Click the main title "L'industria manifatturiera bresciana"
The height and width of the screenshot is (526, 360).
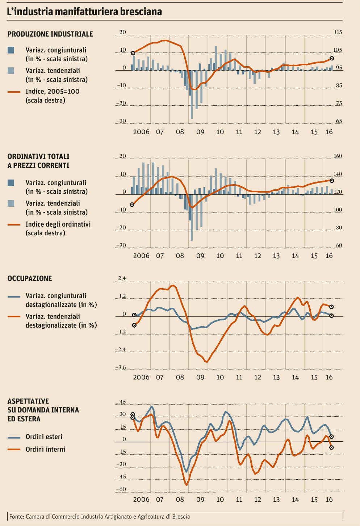[84, 12]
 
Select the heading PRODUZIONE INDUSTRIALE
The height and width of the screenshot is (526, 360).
[50, 34]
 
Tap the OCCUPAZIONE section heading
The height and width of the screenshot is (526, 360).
[30, 278]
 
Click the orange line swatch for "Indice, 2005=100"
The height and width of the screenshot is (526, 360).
[14, 92]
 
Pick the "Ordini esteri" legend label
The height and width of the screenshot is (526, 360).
[44, 437]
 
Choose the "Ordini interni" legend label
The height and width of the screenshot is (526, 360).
[45, 449]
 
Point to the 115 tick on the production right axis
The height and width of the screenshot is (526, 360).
[338, 32]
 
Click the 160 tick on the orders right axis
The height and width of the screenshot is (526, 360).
[338, 156]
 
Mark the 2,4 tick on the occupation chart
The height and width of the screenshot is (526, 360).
[121, 278]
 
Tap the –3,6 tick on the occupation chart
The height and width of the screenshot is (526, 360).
[121, 368]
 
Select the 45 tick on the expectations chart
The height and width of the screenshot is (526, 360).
[122, 402]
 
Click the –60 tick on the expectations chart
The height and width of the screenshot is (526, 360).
[121, 489]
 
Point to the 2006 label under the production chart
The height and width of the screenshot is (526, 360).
[141, 132]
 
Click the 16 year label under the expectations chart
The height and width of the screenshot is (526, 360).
[329, 500]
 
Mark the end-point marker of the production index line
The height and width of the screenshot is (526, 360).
[332, 58]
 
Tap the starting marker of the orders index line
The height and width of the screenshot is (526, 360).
[132, 205]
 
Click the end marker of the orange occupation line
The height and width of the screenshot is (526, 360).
[331, 307]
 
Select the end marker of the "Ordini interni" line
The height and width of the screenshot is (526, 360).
[331, 447]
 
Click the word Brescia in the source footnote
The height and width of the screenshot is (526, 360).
[180, 517]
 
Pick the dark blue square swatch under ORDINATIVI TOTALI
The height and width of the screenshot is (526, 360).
[11, 183]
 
